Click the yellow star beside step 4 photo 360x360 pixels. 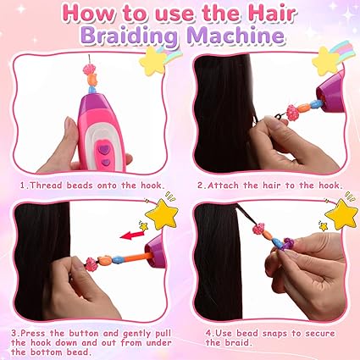tap(341, 214)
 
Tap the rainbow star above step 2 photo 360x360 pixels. tap(327, 59)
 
